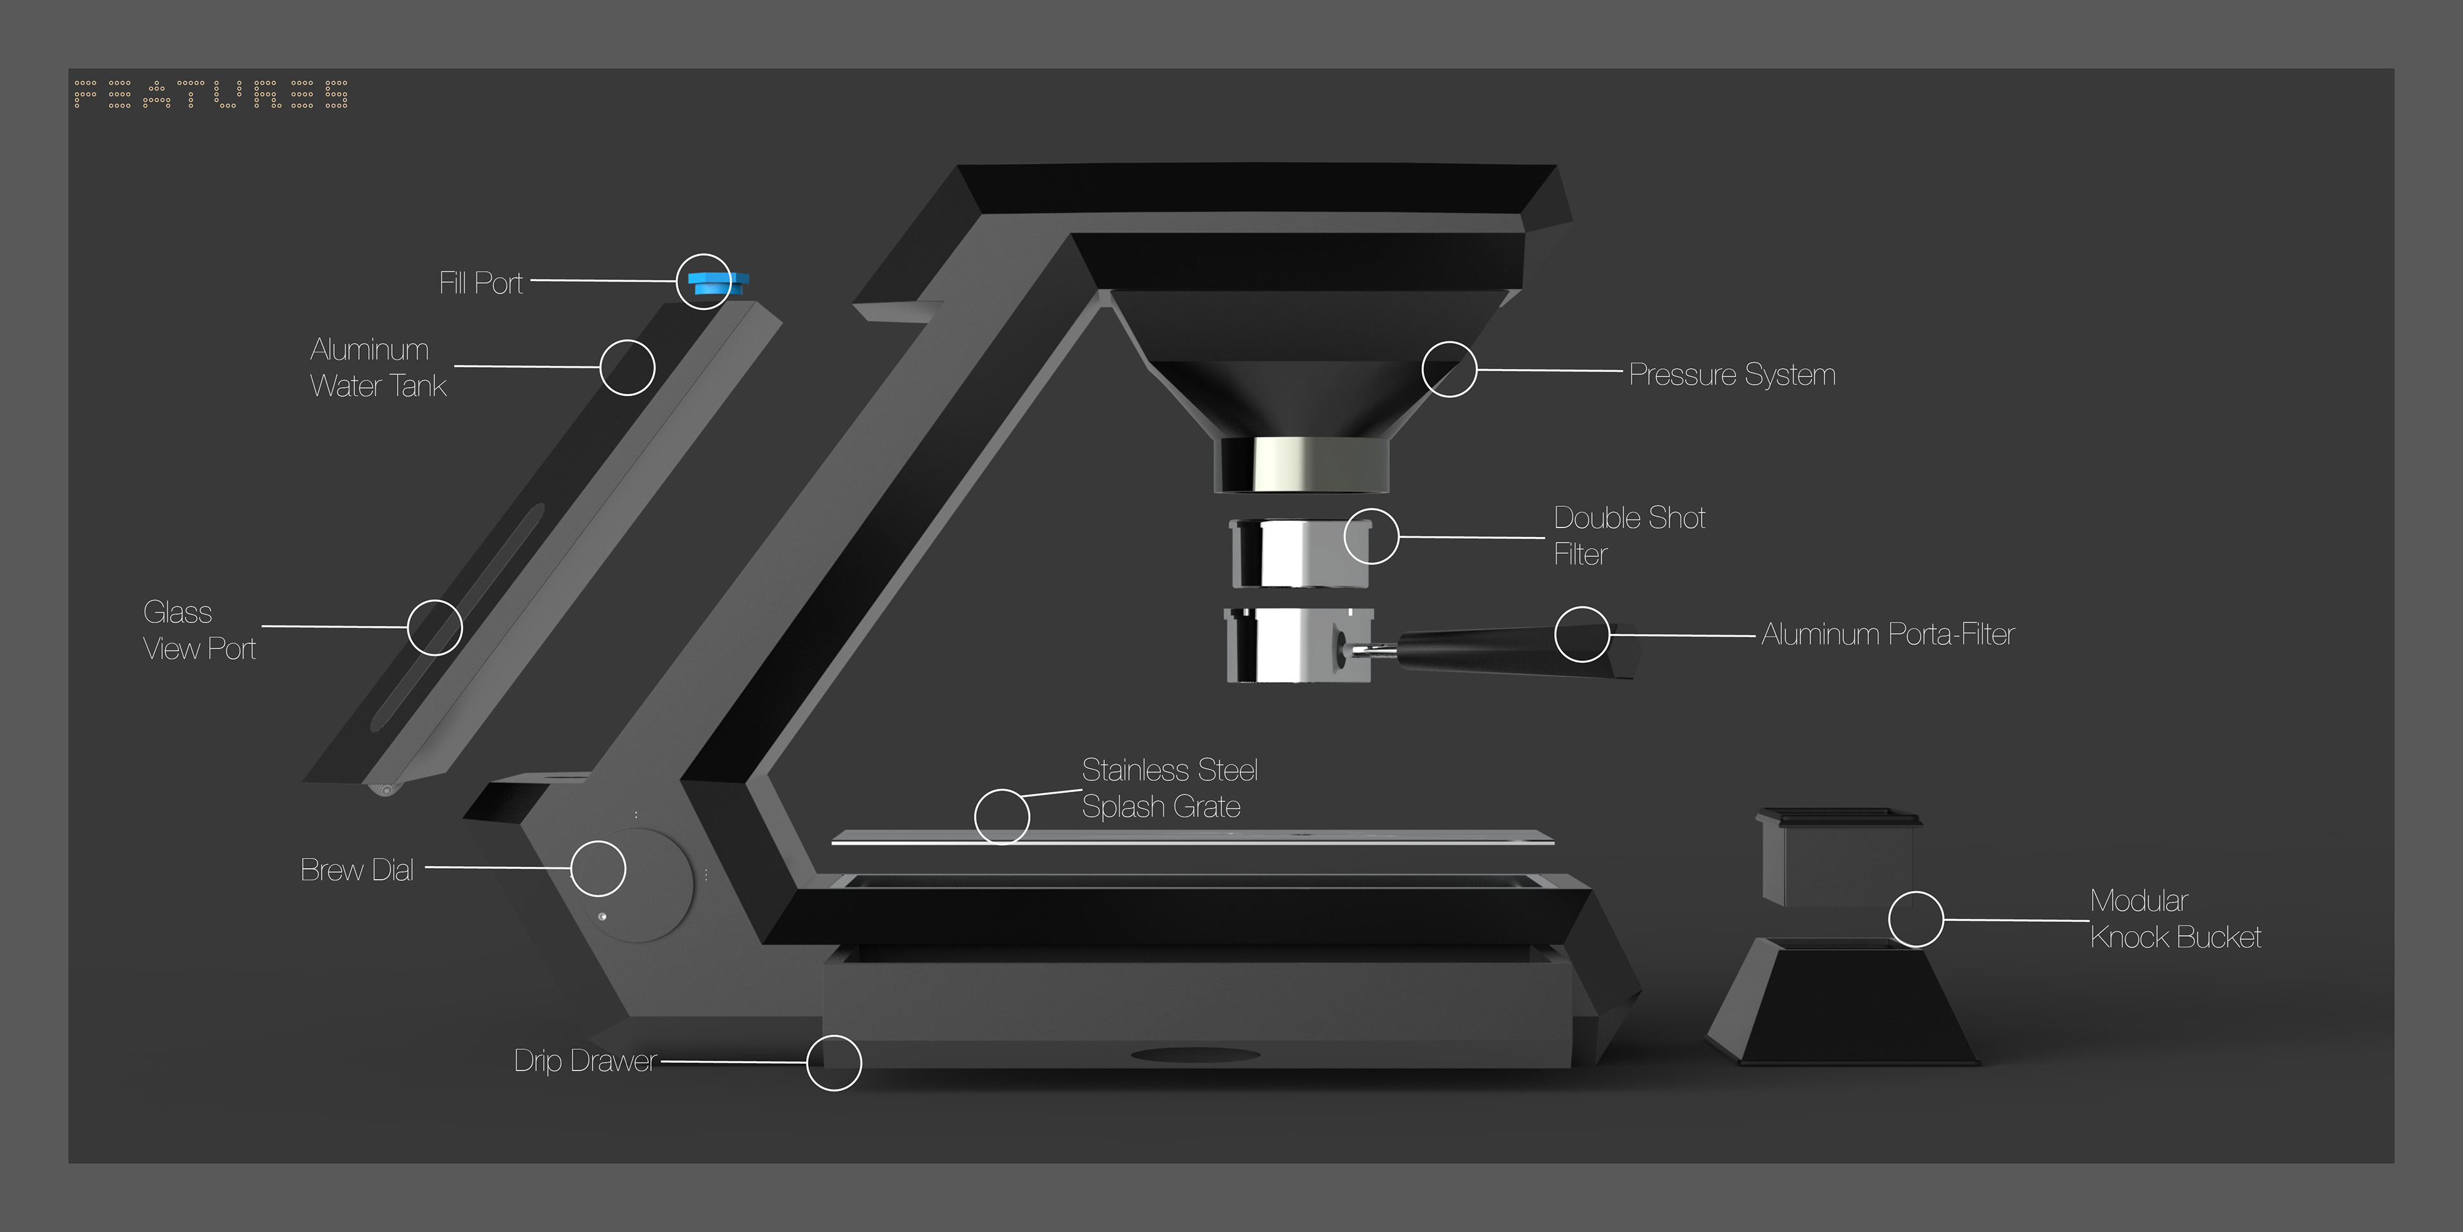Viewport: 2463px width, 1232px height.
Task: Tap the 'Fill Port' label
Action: pos(481,283)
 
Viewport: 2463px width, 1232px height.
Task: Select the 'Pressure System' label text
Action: pos(1732,374)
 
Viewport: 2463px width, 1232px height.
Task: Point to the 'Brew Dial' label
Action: pos(357,869)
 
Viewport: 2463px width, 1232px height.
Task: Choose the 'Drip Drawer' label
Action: pos(585,1061)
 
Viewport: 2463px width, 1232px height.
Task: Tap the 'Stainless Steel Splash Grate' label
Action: pos(1169,788)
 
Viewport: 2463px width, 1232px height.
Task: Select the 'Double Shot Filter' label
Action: pos(1629,536)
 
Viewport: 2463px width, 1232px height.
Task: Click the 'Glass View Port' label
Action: pos(199,630)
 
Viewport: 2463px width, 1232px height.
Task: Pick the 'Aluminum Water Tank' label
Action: pos(378,367)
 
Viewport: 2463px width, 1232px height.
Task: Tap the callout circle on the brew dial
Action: pos(598,869)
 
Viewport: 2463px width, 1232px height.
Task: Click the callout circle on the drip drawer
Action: pos(834,1063)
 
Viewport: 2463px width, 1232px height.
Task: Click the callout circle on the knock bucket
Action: pos(1916,920)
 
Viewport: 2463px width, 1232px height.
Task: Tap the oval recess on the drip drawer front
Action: pos(1195,1055)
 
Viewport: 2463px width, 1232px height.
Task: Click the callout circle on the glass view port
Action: pos(435,628)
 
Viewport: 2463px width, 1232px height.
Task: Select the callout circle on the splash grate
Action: pos(1002,817)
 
